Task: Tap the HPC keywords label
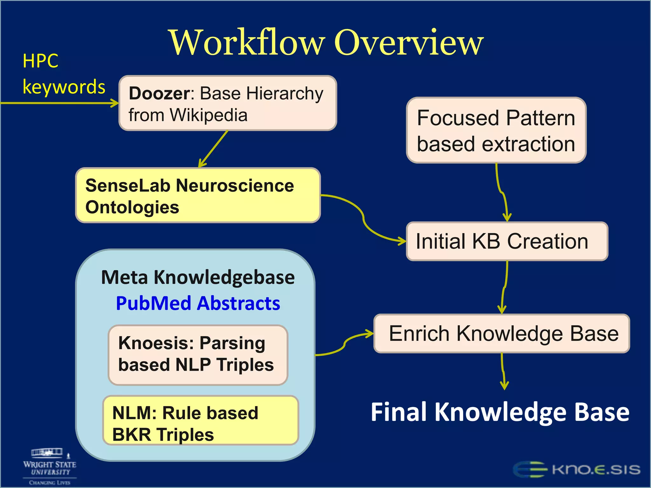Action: tap(64, 74)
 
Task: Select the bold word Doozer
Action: tap(159, 93)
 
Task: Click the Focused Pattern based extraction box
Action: tap(496, 130)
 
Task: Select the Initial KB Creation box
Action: tap(507, 241)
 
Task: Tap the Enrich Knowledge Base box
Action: tap(502, 334)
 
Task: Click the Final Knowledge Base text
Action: tap(500, 412)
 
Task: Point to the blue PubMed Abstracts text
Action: tap(198, 303)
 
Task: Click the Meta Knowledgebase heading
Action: tap(198, 277)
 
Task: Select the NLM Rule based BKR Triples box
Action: tap(200, 420)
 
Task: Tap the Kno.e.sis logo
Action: tap(577, 470)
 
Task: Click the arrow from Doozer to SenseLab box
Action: tap(213, 149)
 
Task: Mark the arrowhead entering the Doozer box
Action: tap(114, 103)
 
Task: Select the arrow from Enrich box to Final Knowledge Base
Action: tap(503, 372)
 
